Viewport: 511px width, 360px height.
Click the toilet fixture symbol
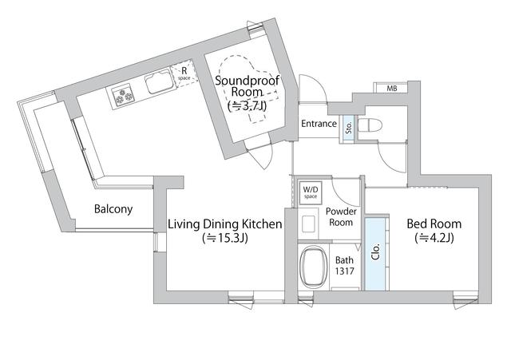click(370, 125)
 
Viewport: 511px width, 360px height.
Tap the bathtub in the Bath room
click(314, 267)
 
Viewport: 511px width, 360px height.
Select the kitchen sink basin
click(159, 81)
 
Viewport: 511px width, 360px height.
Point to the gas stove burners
click(123, 94)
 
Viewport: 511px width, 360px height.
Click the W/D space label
click(311, 192)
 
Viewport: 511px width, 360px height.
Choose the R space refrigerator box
click(184, 74)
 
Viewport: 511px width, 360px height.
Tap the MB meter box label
click(392, 89)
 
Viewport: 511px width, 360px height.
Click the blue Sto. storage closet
click(348, 129)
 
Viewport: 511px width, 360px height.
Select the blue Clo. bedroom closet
click(375, 253)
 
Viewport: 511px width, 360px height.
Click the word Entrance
click(319, 124)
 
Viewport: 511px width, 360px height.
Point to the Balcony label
click(113, 209)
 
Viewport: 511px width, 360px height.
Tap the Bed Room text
click(434, 224)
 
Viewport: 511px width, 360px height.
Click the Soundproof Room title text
click(248, 85)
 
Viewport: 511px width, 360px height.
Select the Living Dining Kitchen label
click(225, 224)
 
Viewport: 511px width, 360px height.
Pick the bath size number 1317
click(344, 271)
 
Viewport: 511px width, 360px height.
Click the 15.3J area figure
click(225, 238)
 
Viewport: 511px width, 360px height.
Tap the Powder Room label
click(341, 217)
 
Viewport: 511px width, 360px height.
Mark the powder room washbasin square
click(308, 224)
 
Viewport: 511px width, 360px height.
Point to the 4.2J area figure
click(434, 238)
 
